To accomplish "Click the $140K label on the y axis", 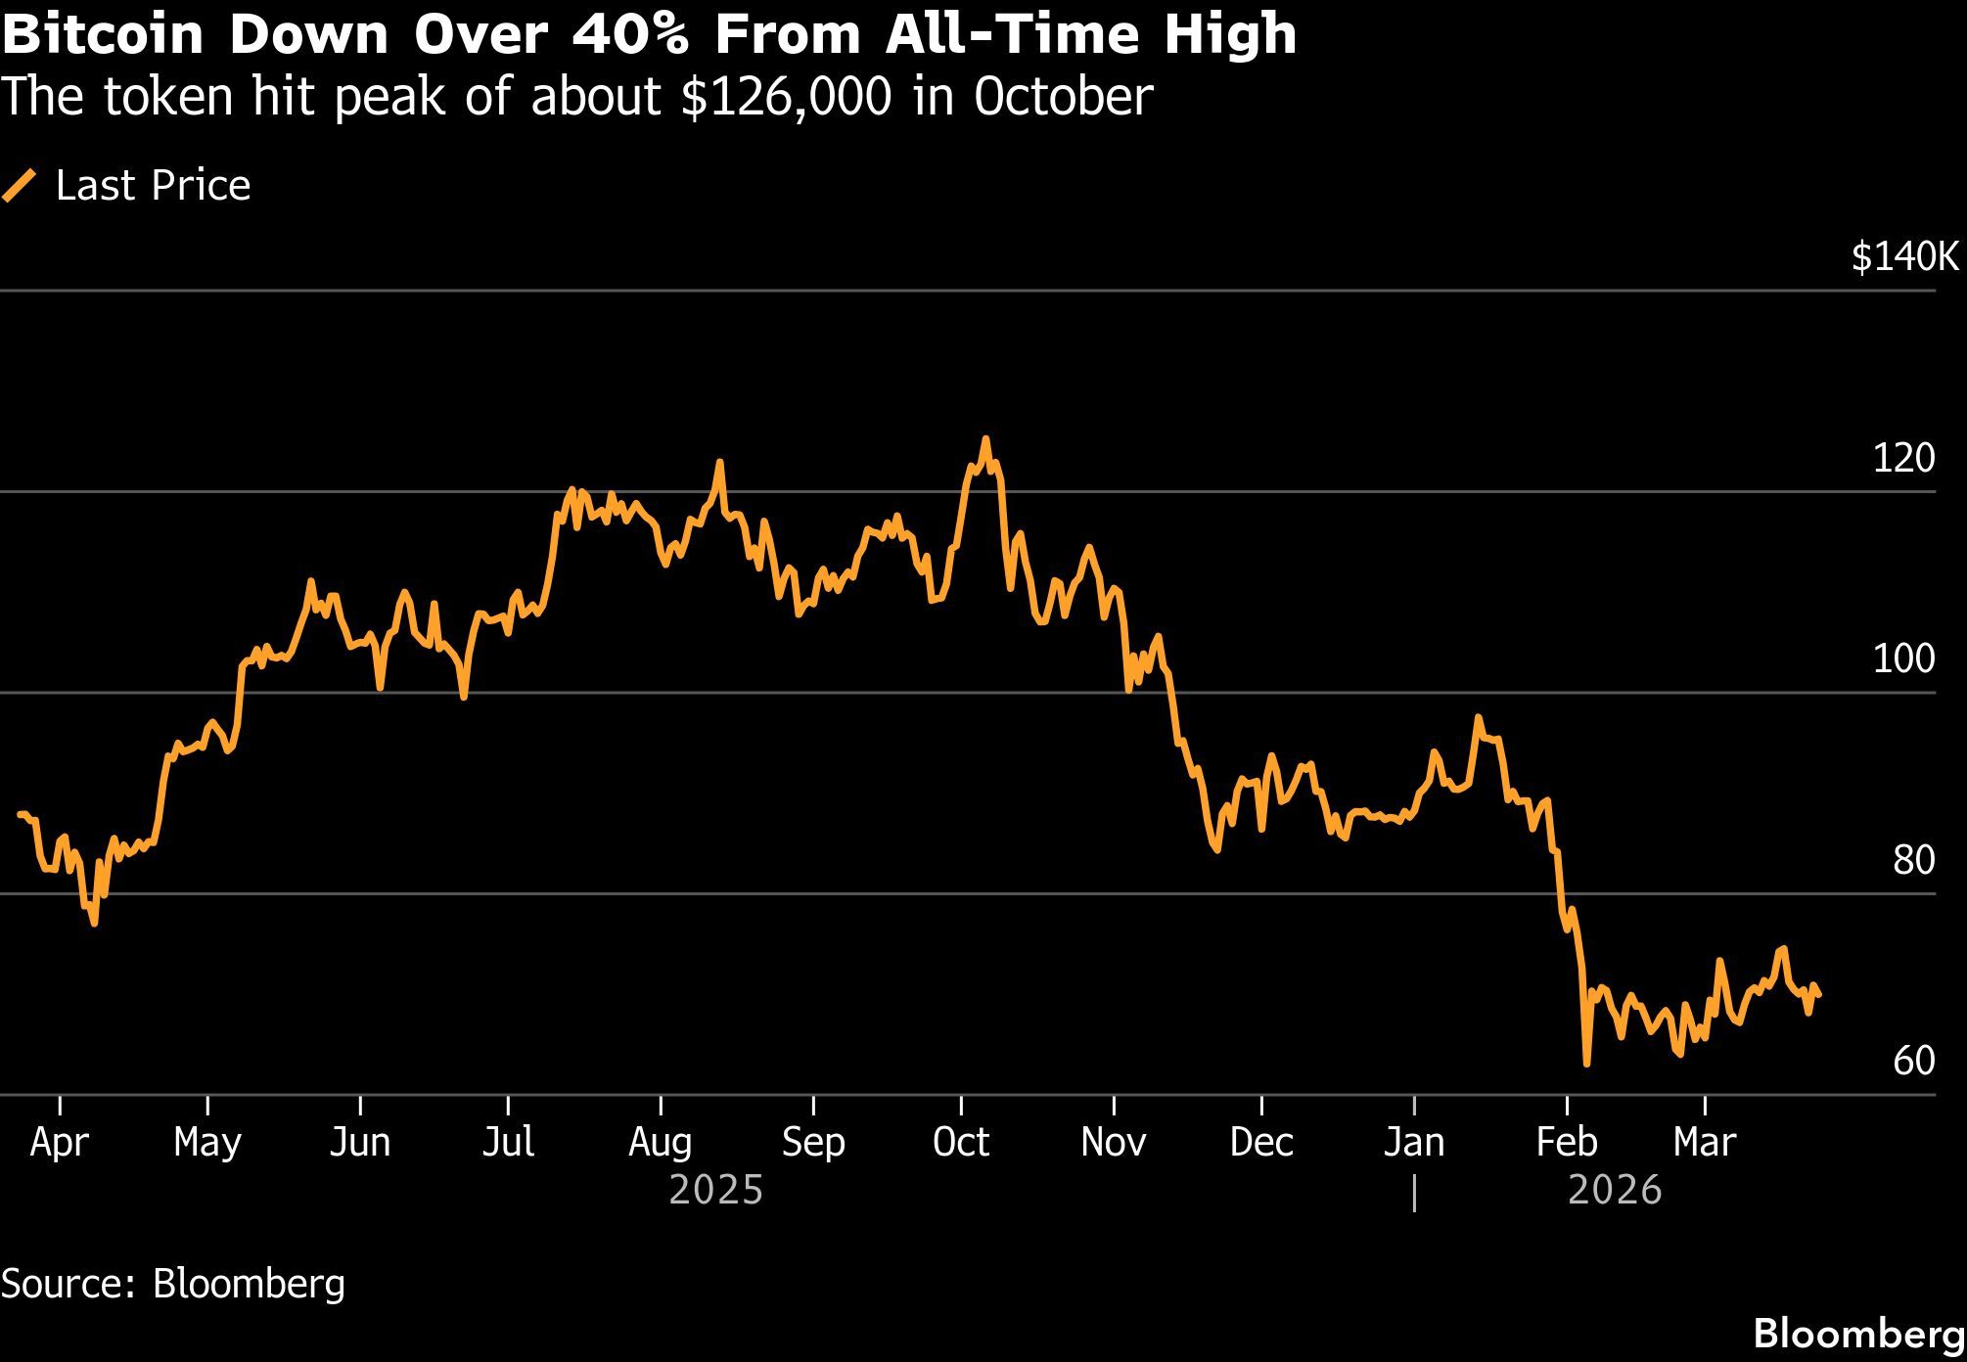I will [1904, 257].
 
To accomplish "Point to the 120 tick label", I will [1903, 458].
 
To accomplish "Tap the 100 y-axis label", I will [1903, 659].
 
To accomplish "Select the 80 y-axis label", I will [1913, 861].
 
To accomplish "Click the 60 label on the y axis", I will [1913, 1062].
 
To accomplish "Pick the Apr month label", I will [60, 1142].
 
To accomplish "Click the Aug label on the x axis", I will [661, 1142].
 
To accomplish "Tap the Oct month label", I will [961, 1142].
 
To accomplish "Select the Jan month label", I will [1414, 1142].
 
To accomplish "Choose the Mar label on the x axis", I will [1705, 1142].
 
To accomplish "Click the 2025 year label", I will [715, 1191].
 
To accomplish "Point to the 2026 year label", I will [1615, 1191].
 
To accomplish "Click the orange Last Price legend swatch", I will [20, 185].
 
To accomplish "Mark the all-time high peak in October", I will [985, 439].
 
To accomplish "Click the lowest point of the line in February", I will [1586, 1063].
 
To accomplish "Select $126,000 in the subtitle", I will [786, 97].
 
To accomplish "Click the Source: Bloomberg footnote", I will [173, 1283].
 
